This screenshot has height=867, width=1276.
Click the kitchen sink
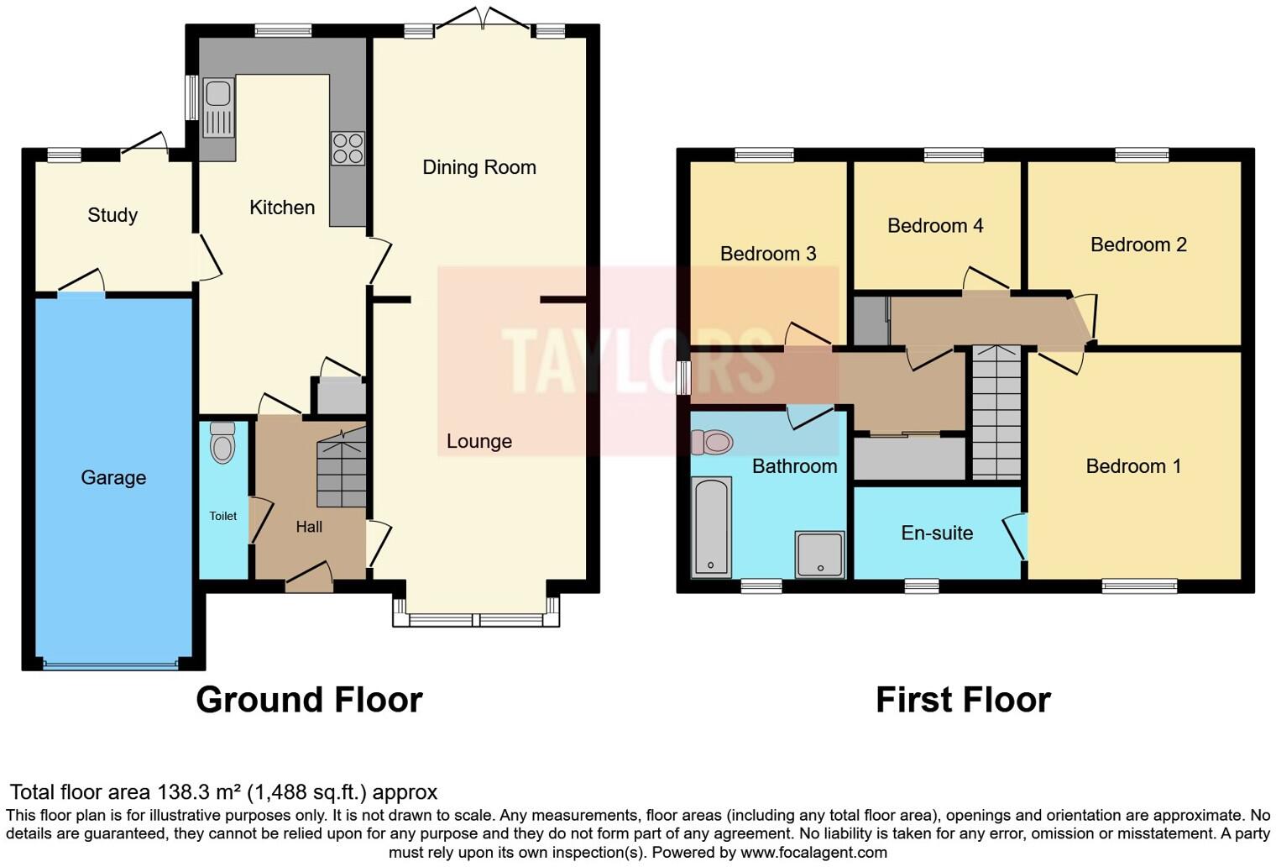click(x=218, y=107)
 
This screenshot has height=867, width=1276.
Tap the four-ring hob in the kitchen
click(x=348, y=149)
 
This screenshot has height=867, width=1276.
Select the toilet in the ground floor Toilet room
click(x=222, y=443)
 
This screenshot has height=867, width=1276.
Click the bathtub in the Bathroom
click(x=711, y=527)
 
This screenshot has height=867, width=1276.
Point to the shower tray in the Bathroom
click(x=819, y=554)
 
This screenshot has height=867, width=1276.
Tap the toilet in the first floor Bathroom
click(x=712, y=441)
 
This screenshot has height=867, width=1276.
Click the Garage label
click(x=113, y=478)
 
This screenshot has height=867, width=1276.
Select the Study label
click(x=112, y=215)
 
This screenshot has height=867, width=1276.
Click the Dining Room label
click(x=478, y=167)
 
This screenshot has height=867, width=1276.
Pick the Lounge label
click(x=478, y=441)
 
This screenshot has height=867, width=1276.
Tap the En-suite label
click(x=937, y=533)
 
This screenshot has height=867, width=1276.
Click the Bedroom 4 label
click(x=934, y=225)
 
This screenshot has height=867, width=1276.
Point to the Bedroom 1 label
click(x=1133, y=466)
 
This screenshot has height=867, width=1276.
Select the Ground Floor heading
click(x=309, y=700)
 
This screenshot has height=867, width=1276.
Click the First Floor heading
click(x=963, y=700)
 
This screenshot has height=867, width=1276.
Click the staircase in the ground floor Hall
click(x=342, y=469)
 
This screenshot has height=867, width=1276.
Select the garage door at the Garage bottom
click(x=111, y=665)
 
